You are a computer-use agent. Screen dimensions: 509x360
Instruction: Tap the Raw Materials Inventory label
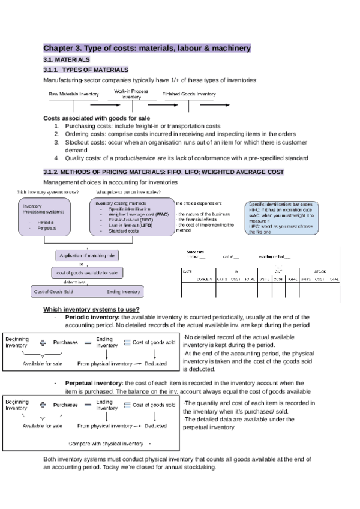pos(74,94)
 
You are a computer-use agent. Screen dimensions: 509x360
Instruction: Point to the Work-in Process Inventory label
pos(131,93)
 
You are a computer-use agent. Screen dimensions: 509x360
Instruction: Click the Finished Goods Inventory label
pos(189,94)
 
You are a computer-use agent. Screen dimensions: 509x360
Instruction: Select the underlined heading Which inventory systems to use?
pos(92,309)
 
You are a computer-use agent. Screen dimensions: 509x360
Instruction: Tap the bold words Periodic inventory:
pos(92,317)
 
